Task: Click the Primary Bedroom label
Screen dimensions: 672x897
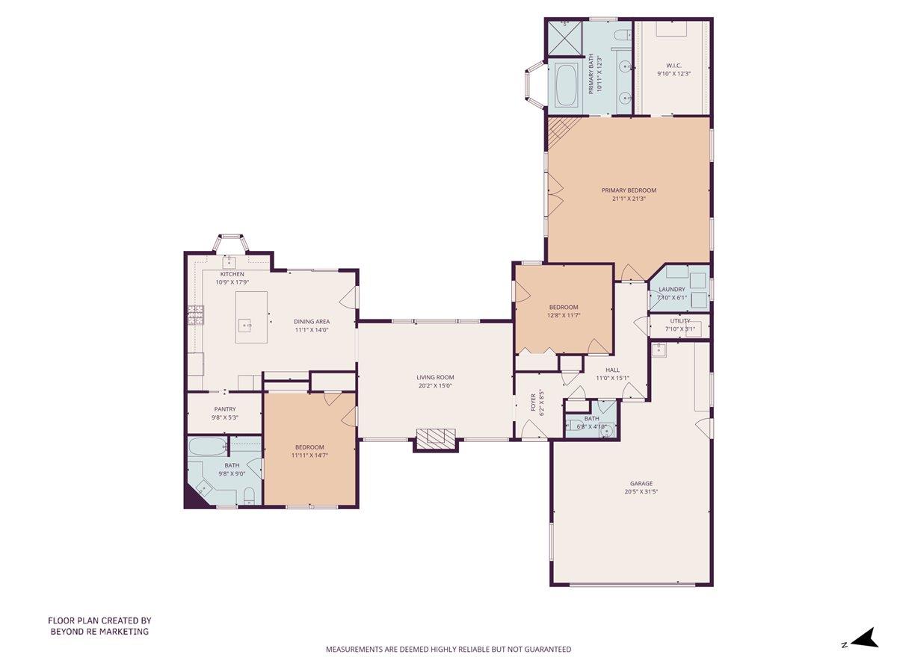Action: pyautogui.click(x=629, y=190)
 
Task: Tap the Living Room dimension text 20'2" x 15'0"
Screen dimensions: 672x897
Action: pyautogui.click(x=435, y=386)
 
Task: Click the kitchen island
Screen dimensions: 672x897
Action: pyautogui.click(x=251, y=317)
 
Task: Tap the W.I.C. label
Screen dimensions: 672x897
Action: pyautogui.click(x=673, y=66)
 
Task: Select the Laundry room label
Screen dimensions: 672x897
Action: pyautogui.click(x=672, y=290)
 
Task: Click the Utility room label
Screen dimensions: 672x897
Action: pyautogui.click(x=680, y=321)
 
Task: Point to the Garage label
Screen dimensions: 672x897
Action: pyautogui.click(x=640, y=483)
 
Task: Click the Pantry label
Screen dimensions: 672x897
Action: pyautogui.click(x=224, y=409)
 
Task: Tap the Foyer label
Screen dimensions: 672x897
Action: pyautogui.click(x=533, y=402)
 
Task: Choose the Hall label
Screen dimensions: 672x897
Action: pyautogui.click(x=613, y=370)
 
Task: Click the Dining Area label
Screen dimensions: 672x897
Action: pyautogui.click(x=312, y=322)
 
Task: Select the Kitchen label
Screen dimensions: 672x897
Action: pyautogui.click(x=232, y=274)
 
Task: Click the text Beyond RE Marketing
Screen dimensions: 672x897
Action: pyautogui.click(x=99, y=632)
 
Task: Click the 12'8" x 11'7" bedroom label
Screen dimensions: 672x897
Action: pyautogui.click(x=564, y=308)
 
